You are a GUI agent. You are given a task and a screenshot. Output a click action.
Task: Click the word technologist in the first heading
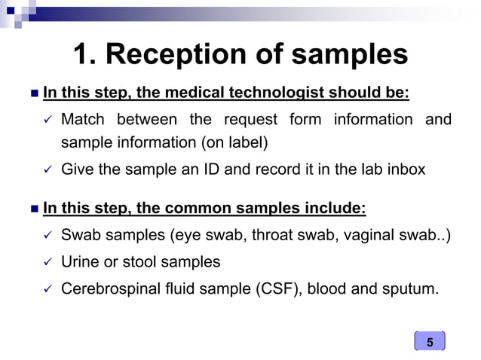point(274,93)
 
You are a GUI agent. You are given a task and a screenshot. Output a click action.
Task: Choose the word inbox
point(404,169)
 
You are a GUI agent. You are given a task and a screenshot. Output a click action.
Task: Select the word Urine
point(79,261)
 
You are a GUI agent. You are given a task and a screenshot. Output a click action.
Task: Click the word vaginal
point(366,236)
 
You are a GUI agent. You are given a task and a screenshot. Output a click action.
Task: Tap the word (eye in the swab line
point(190,236)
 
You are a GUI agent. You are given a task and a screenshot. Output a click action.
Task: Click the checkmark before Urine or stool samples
point(45,262)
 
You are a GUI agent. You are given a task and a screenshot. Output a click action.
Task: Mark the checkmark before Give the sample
point(45,170)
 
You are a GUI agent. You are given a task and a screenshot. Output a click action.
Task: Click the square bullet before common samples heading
point(31,208)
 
